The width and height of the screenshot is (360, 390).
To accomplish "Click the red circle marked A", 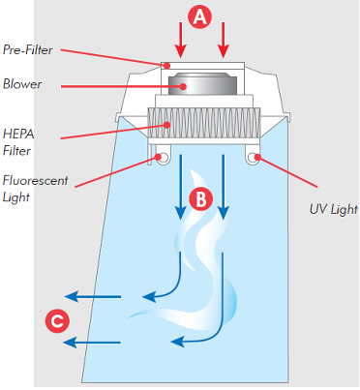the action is point(200,16).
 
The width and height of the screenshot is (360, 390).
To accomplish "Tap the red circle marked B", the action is point(200,199).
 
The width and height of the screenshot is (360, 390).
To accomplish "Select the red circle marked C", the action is point(57,321).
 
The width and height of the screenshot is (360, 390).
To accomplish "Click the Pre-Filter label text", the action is point(28,49).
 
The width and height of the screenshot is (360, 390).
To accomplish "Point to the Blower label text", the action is point(22,84).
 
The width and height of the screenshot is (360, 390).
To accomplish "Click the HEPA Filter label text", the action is point(18,142).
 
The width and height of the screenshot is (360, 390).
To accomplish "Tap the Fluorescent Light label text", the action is point(35,189).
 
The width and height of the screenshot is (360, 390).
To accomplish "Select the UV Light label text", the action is point(334,209).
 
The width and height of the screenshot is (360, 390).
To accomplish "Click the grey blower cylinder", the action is point(202,84).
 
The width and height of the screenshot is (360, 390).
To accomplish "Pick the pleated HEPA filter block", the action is point(204,123).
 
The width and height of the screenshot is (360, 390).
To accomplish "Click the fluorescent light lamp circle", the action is point(164,158).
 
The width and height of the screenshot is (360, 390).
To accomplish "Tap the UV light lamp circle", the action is point(253,158).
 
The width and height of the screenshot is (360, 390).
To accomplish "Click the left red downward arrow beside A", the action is point(181,40).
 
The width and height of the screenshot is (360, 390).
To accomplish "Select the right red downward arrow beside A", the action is point(224,40).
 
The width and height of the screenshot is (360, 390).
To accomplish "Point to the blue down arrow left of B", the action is point(181,187).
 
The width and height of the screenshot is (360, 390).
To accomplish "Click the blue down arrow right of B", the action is point(223,187).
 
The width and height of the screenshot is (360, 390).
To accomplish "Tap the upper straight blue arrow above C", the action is point(93,296).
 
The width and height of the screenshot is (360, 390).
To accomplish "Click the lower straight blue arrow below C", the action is point(92,343).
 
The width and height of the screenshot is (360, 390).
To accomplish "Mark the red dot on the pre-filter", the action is point(166,66).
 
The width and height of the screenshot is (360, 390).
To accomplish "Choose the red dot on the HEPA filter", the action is point(166,125).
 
